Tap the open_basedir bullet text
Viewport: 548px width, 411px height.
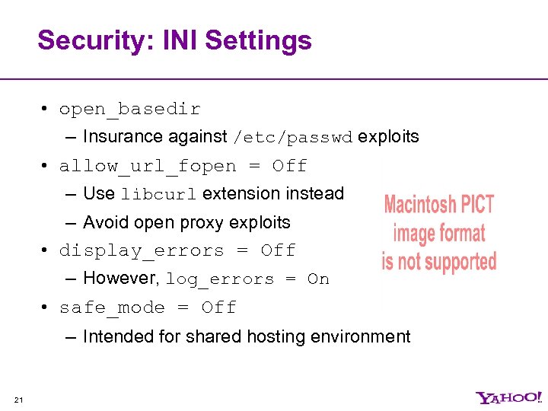coord(129,110)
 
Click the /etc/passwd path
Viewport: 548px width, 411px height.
coord(293,138)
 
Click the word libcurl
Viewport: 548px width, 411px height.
coord(158,194)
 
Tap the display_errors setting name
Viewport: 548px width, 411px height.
coord(142,250)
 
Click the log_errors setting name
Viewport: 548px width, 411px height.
coord(219,279)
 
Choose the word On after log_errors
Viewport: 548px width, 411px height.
coord(318,279)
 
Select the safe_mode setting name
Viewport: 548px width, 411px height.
coord(112,307)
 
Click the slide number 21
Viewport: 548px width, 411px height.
coord(19,400)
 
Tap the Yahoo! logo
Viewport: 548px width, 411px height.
coord(509,397)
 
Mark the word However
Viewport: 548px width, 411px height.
coord(121,279)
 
